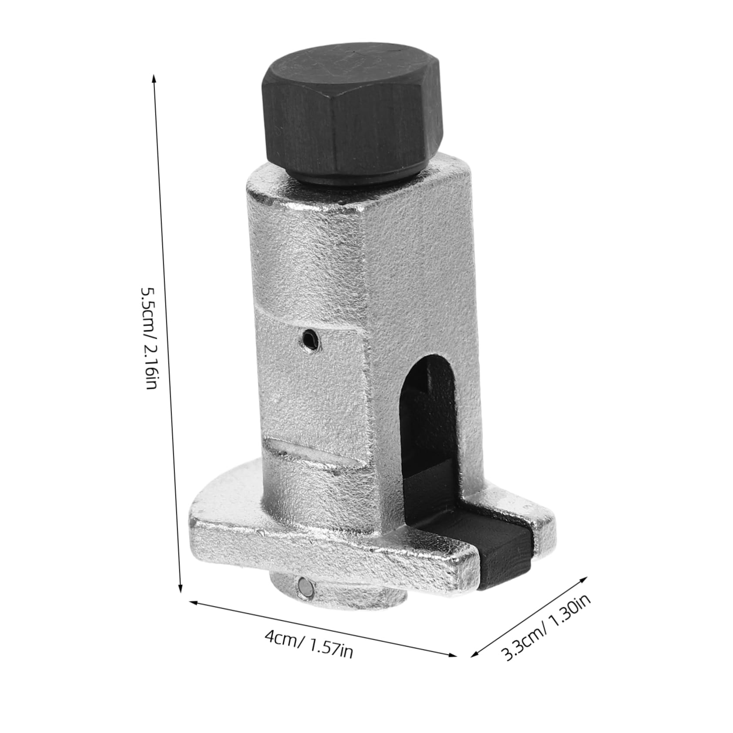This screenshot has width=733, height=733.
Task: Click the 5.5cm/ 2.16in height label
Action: coord(148,337)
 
